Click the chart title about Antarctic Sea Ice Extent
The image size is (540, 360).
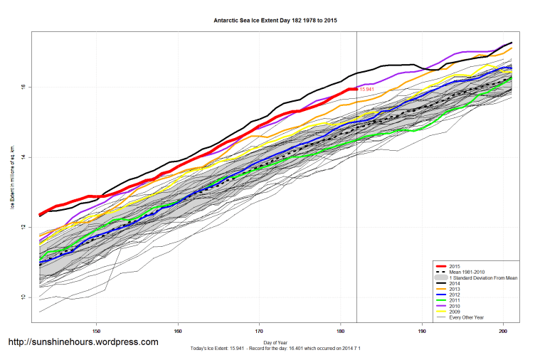275,20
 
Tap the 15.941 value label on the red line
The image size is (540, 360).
367,90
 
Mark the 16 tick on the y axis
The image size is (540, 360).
22,88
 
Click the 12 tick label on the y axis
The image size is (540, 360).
22,228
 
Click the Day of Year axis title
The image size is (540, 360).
275,342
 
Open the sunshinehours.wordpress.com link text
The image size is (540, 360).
83,342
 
